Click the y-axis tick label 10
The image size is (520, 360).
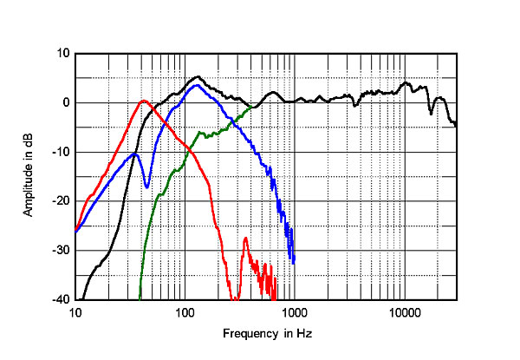click(x=62, y=54)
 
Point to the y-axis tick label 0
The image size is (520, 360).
click(x=65, y=103)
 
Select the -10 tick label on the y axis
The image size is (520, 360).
click(x=61, y=153)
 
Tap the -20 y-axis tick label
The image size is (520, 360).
click(x=61, y=202)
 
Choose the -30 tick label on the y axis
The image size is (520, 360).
click(x=61, y=252)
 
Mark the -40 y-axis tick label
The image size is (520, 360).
click(x=61, y=300)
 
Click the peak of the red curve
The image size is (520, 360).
click(x=143, y=101)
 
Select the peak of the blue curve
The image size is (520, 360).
click(x=197, y=85)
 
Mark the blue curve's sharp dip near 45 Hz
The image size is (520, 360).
click(x=147, y=187)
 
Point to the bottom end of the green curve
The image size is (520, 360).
click(x=140, y=299)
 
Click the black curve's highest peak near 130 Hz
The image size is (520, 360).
click(x=198, y=76)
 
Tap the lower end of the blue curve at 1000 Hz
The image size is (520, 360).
click(x=294, y=262)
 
